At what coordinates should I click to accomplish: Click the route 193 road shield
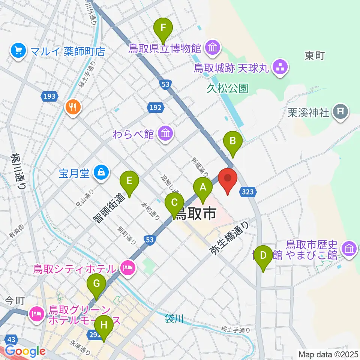click(49, 96)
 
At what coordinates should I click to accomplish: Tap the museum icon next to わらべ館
click(165, 133)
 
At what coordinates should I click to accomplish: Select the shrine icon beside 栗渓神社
click(340, 111)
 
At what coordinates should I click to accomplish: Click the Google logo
click(25, 351)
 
